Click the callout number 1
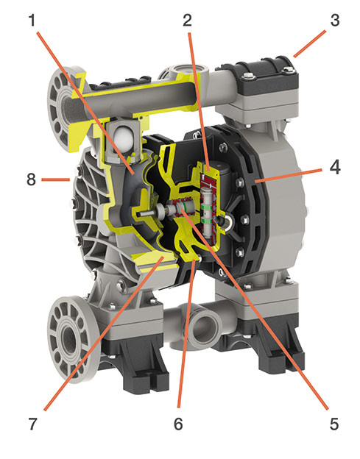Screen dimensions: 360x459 [32, 21]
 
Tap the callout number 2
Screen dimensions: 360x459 [187, 20]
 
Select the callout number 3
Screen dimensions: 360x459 [335, 20]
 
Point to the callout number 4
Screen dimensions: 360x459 [335, 168]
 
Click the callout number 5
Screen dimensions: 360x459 [334, 424]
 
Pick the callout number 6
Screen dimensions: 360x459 [178, 424]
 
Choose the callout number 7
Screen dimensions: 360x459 [32, 424]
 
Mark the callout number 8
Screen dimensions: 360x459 [32, 179]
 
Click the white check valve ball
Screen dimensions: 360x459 [124, 139]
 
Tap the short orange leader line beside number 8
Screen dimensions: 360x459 [55, 179]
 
